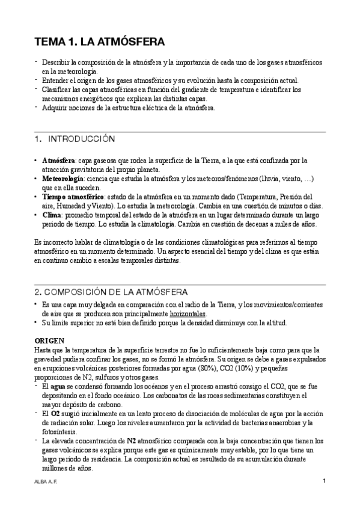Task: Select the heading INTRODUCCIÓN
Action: pos(81,139)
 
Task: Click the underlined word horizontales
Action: pos(188,313)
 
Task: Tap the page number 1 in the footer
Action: pos(324,481)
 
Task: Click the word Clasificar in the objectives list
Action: pos(58,90)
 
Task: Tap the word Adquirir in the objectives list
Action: pos(56,108)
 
